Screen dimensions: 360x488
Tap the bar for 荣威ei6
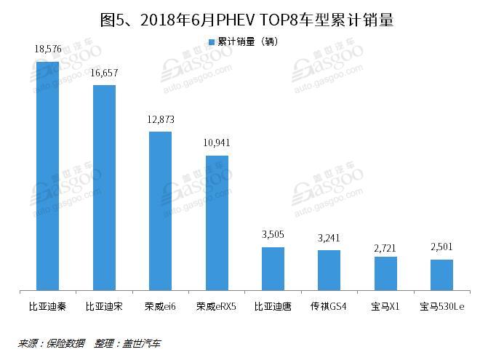tap(160, 211)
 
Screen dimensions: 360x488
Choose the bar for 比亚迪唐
tap(273, 269)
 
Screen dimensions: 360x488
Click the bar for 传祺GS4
tap(329, 271)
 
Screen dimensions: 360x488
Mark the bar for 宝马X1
tap(385, 273)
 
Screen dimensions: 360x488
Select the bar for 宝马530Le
tap(441, 275)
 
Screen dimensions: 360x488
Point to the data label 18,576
tap(47, 49)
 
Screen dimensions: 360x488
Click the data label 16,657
tap(104, 73)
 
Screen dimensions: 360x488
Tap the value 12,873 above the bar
tap(160, 119)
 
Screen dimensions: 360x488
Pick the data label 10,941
tap(217, 143)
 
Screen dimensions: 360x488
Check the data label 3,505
tap(273, 235)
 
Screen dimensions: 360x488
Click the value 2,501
tap(441, 247)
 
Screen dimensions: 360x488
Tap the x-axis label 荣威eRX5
tap(217, 307)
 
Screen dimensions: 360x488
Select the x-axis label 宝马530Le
tap(441, 307)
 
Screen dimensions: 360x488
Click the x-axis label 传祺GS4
tap(329, 307)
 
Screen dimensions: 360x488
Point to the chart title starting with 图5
tap(244, 19)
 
